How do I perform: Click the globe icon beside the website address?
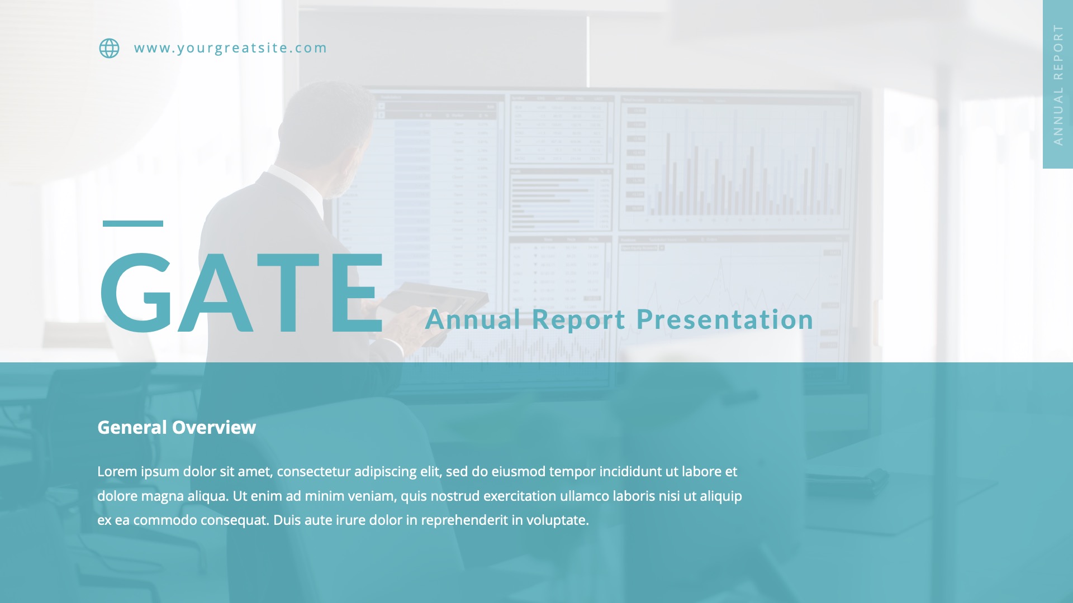pyautogui.click(x=109, y=48)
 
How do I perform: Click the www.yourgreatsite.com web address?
pyautogui.click(x=230, y=48)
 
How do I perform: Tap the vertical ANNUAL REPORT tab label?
pyautogui.click(x=1058, y=84)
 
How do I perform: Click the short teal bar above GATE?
pyautogui.click(x=133, y=223)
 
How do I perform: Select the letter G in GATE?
pyautogui.click(x=136, y=293)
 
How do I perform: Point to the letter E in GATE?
pyautogui.click(x=356, y=293)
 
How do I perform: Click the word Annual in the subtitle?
pyautogui.click(x=473, y=319)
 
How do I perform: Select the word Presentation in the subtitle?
pyautogui.click(x=725, y=319)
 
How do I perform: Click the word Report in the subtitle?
pyautogui.click(x=578, y=319)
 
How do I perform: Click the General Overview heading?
pyautogui.click(x=177, y=427)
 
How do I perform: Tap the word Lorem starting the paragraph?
pyautogui.click(x=117, y=471)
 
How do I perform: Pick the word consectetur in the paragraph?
pyautogui.click(x=314, y=471)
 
